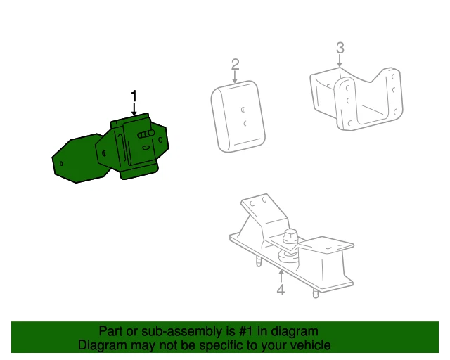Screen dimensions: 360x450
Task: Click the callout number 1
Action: click(x=134, y=96)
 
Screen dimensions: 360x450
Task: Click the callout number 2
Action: click(x=235, y=65)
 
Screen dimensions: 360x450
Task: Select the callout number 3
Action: click(x=340, y=48)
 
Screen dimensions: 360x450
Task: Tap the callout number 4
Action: click(x=281, y=290)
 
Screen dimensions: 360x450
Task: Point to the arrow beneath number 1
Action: click(x=134, y=110)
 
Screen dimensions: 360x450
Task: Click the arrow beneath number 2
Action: click(x=235, y=78)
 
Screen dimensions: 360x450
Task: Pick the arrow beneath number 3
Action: click(x=340, y=61)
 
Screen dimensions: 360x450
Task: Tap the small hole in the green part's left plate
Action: click(x=63, y=164)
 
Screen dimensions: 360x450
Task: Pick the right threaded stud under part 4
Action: click(x=316, y=291)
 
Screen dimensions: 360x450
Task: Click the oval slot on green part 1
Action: click(x=145, y=148)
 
